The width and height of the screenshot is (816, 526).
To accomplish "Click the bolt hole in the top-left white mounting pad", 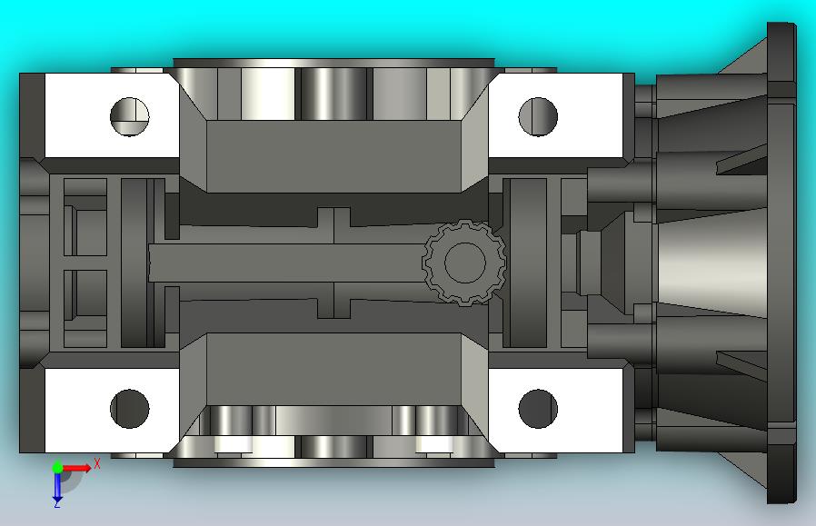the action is [130, 116].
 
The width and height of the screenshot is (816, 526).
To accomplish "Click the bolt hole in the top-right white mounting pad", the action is [538, 116].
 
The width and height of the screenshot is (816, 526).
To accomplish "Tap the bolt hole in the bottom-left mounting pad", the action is [130, 409].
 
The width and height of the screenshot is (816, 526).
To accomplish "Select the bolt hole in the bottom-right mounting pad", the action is [538, 409].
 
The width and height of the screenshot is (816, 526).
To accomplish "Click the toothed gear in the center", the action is [464, 263].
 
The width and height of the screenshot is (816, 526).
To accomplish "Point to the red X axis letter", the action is [97, 463].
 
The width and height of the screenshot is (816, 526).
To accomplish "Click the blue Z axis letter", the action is [56, 504].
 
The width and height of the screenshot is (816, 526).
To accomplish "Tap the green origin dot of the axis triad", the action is [57, 467].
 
